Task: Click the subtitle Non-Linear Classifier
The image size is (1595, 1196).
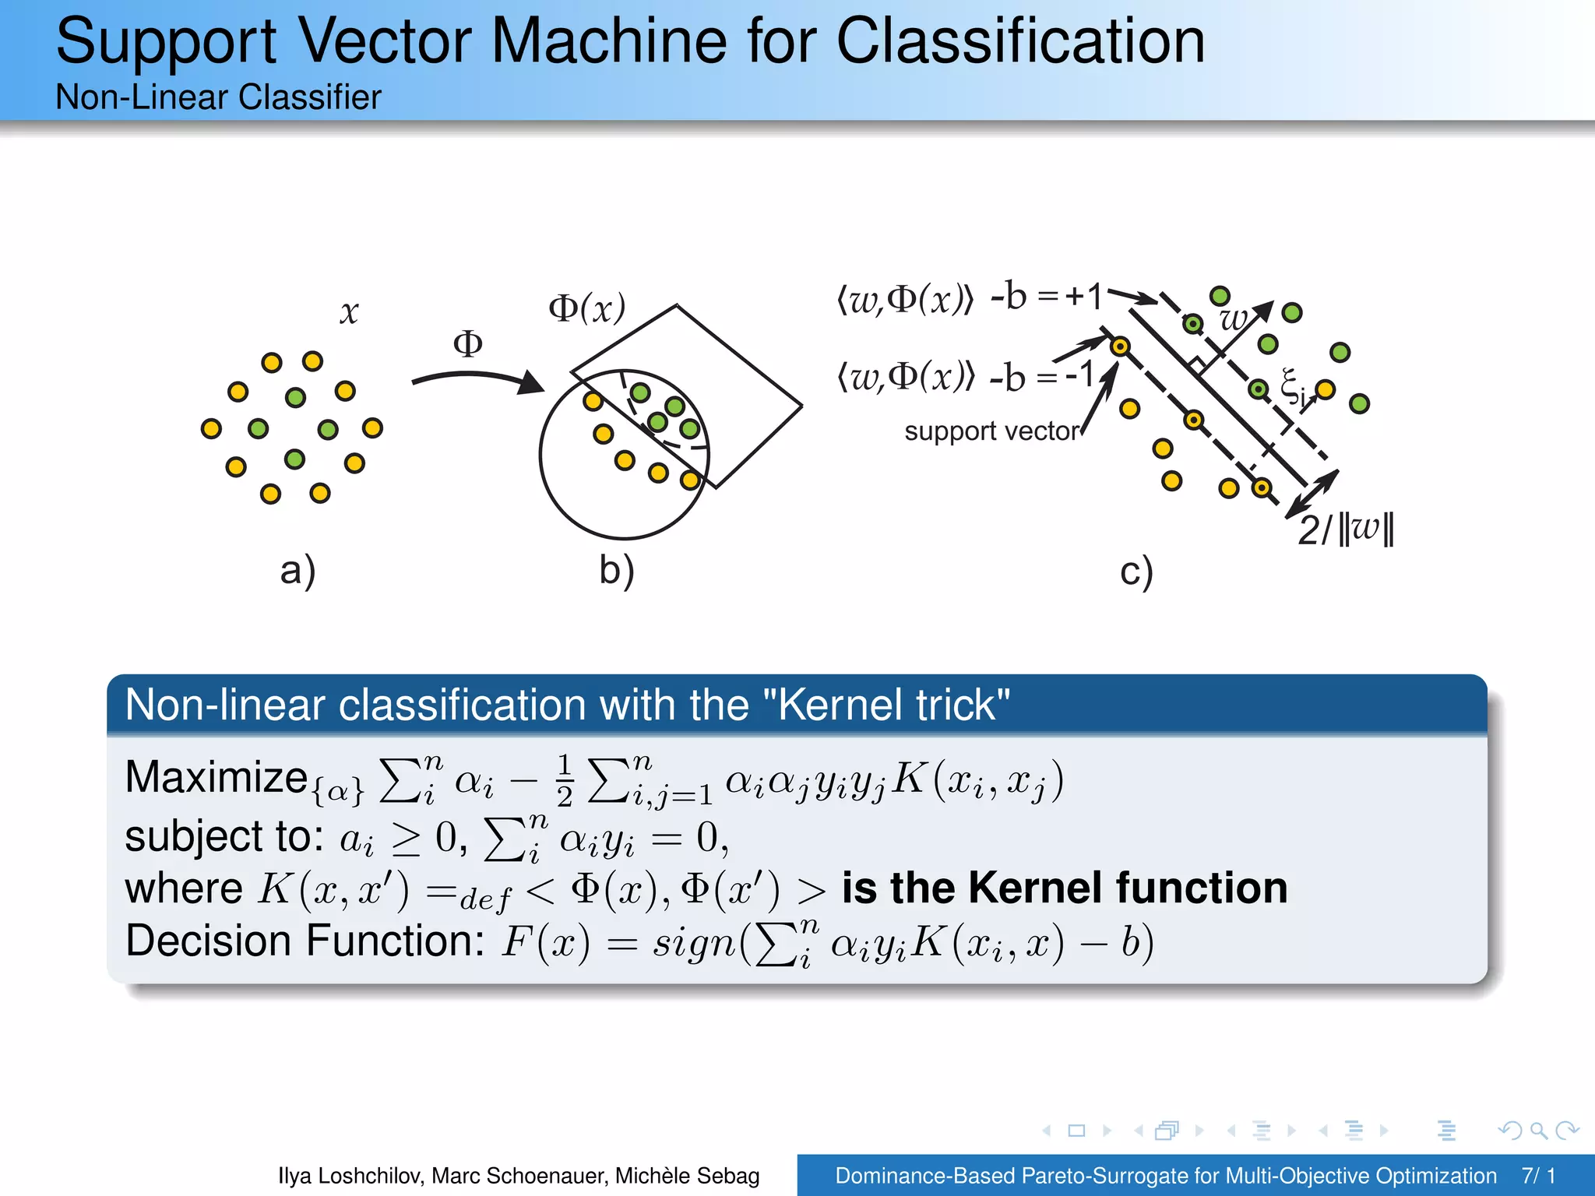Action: tap(218, 97)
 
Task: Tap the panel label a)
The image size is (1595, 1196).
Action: tap(298, 571)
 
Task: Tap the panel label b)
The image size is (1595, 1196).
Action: tap(617, 571)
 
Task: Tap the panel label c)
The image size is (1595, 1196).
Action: tap(1136, 572)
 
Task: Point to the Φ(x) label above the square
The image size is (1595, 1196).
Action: tap(586, 308)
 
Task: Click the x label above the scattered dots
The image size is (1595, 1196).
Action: tap(349, 313)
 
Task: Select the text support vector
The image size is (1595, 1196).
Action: tap(991, 431)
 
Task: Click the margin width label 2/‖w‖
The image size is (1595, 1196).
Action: tap(1346, 529)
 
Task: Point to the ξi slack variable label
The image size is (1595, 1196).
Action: tap(1293, 386)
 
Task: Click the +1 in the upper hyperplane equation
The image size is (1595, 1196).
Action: tap(1084, 297)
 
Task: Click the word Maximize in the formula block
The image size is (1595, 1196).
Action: tap(217, 777)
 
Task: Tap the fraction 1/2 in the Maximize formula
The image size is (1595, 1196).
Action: tap(565, 779)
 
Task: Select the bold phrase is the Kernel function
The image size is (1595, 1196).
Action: tap(1064, 888)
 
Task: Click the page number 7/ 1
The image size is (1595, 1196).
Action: tap(1538, 1176)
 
